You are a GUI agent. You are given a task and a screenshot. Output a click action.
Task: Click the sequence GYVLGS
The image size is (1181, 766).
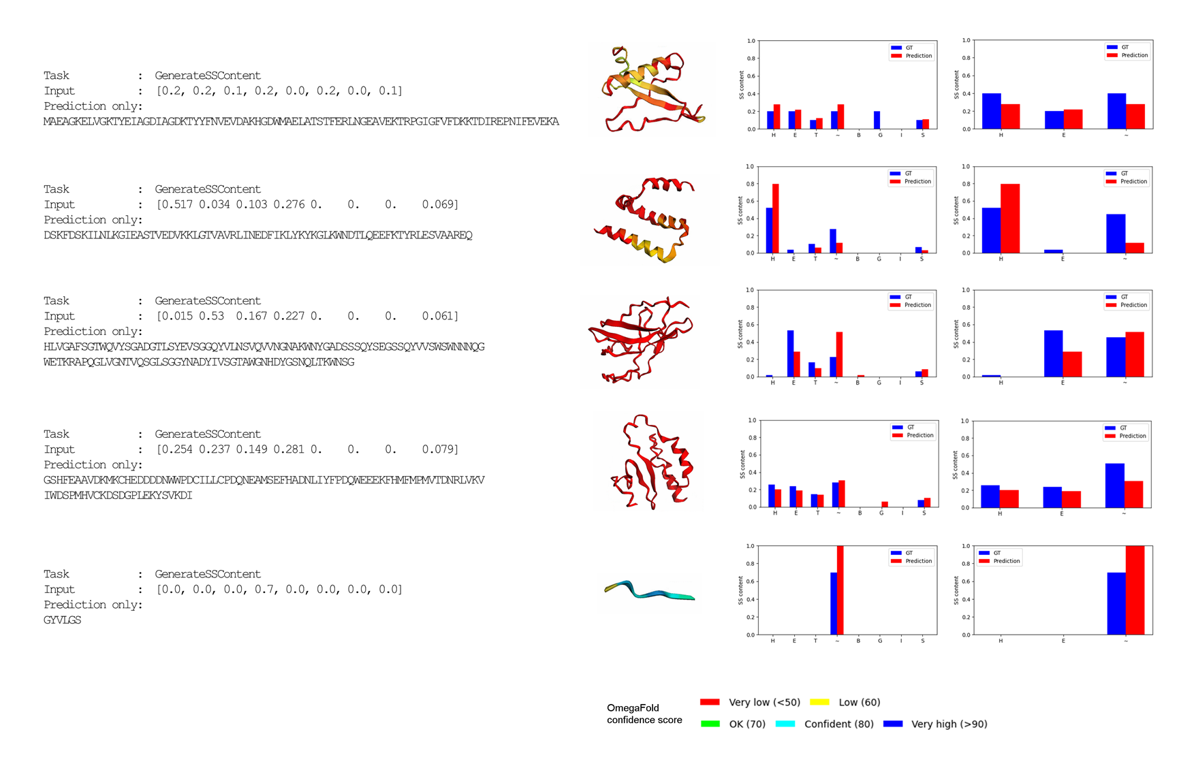click(62, 620)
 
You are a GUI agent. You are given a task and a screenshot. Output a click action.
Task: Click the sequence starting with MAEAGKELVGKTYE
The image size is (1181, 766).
click(300, 122)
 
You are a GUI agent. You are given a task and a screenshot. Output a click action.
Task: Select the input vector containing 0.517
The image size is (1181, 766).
click(307, 205)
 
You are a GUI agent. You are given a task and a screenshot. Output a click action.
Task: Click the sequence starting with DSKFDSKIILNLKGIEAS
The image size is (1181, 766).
click(257, 236)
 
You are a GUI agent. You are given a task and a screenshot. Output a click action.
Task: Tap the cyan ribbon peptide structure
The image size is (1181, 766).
click(650, 591)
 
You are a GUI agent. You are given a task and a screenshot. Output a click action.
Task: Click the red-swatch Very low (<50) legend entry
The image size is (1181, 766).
click(750, 702)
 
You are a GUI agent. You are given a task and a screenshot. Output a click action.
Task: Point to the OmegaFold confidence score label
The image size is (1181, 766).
click(644, 714)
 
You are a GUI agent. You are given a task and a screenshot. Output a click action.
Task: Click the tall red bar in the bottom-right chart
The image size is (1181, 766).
click(1135, 590)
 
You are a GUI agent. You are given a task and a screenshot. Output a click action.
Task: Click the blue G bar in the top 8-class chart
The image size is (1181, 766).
click(877, 121)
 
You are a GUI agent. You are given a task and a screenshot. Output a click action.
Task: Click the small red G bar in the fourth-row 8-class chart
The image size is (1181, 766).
click(885, 505)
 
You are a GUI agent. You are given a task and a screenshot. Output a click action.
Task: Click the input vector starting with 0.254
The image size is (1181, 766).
click(307, 450)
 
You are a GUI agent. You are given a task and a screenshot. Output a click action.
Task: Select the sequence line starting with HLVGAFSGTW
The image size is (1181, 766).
click(264, 347)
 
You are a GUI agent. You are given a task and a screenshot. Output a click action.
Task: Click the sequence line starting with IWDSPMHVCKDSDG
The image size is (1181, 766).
click(118, 496)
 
